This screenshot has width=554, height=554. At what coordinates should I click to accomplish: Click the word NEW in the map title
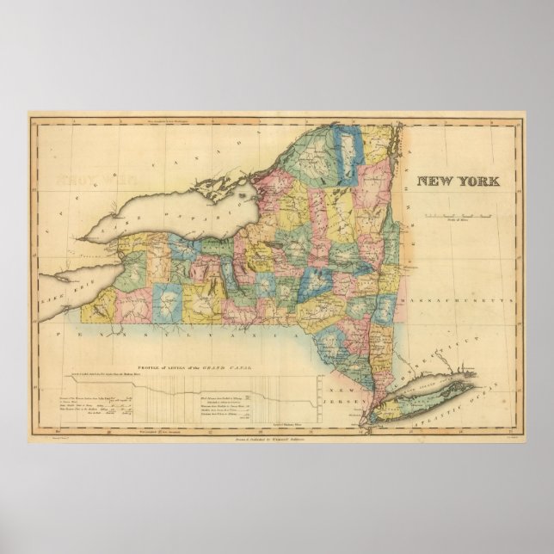pyautogui.click(x=437, y=182)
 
